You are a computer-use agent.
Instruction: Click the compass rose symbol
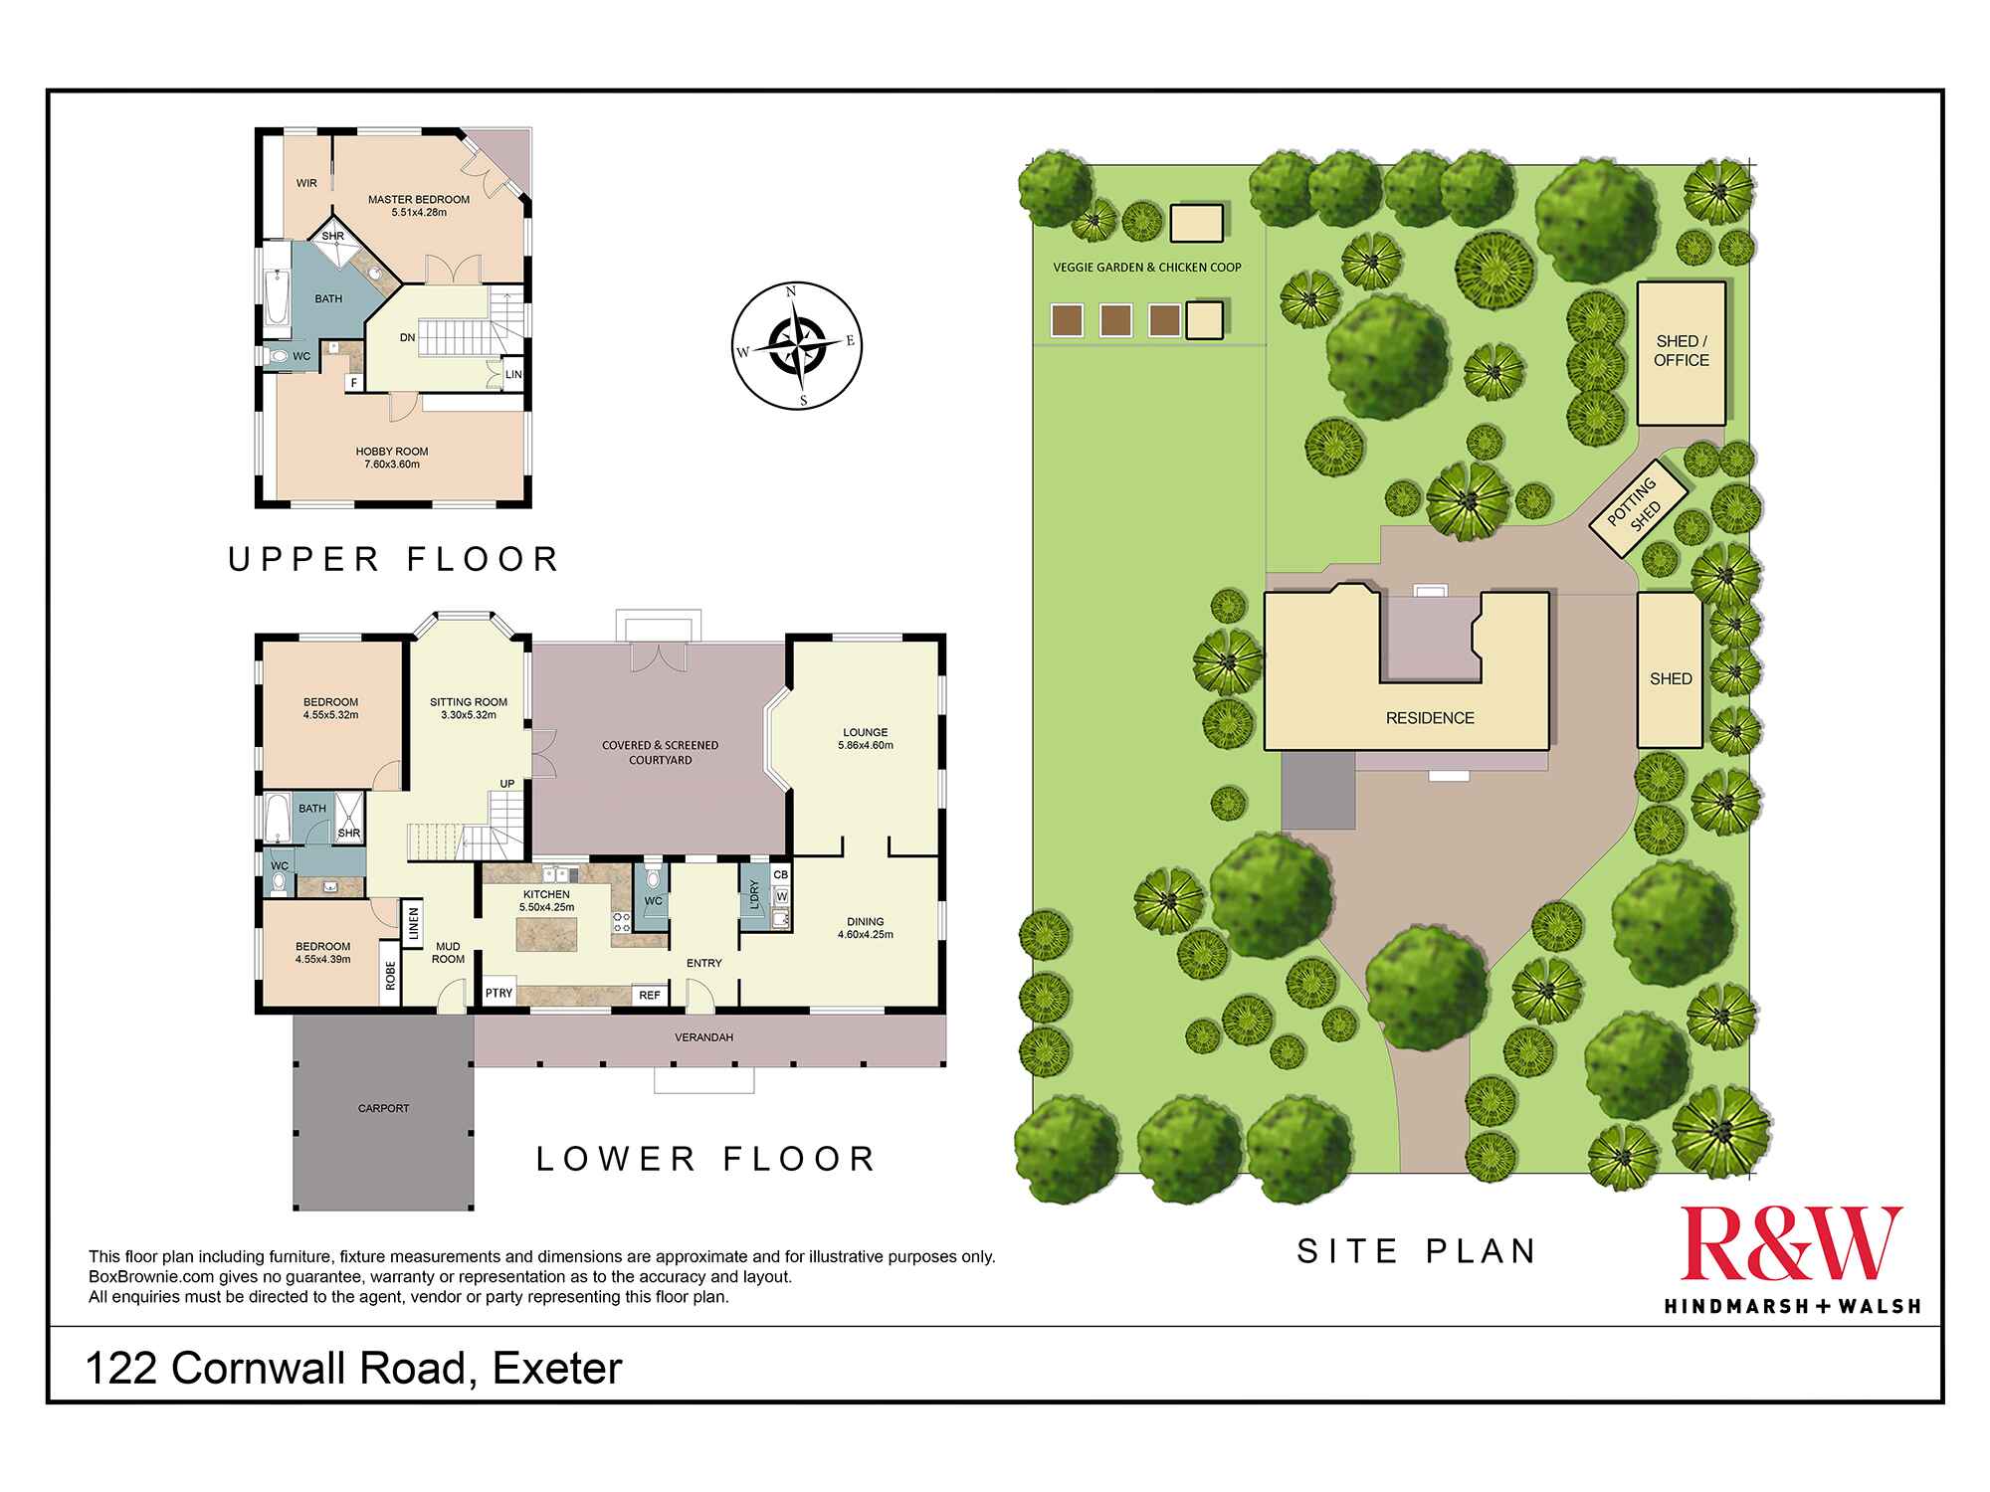click(797, 346)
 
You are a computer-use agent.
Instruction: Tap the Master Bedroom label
click(419, 205)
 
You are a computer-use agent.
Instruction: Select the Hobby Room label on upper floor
click(392, 458)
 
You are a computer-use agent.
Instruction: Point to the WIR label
click(306, 183)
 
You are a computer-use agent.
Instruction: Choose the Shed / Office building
click(1681, 352)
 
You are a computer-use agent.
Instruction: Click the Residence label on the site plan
click(1430, 718)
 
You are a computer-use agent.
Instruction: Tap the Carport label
click(383, 1108)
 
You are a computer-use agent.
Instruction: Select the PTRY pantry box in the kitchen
click(498, 993)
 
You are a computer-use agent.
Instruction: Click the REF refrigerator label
click(650, 994)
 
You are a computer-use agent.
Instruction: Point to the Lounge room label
click(865, 738)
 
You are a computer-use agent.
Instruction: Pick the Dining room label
click(865, 927)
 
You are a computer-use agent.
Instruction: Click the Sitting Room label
click(469, 708)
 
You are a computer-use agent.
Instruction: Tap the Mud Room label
click(448, 953)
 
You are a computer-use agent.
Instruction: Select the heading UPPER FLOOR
click(394, 559)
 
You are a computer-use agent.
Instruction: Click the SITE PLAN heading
click(1417, 1250)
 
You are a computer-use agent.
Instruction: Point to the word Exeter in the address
click(557, 1369)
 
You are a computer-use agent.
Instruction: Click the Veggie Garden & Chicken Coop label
click(1147, 267)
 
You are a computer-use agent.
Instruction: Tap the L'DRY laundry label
click(754, 894)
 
